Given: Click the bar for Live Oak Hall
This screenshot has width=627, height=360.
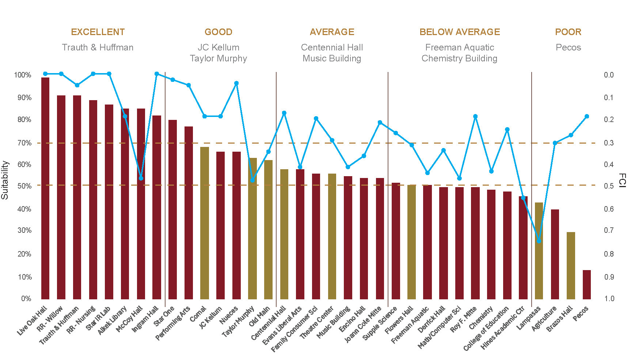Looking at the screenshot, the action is coord(45,188).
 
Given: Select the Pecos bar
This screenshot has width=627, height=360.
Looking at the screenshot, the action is coord(587,285).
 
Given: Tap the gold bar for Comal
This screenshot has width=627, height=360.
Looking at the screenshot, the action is coord(205,223).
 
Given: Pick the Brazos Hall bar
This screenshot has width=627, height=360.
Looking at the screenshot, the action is coord(571,266).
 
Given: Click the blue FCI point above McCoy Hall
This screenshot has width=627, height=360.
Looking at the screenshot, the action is coord(141,178).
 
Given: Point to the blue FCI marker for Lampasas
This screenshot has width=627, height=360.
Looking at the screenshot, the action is coord(539,241).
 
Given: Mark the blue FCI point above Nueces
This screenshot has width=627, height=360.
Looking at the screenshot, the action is coord(236,83).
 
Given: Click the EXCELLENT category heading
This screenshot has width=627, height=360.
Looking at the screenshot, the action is coord(98,32).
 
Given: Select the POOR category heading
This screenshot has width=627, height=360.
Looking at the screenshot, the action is coord(568,32).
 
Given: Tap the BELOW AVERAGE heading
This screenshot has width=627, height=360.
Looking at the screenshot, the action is coord(460,32).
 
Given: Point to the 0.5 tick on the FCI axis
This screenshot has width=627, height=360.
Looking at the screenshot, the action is coord(609,186).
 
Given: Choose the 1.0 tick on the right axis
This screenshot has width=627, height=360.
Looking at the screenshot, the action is coord(609,299).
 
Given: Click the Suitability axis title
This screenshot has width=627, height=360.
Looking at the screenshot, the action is coord(5,180).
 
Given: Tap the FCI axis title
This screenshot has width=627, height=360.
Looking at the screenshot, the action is coord(622,181).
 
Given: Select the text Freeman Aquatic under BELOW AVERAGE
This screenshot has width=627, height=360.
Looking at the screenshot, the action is coord(460,48).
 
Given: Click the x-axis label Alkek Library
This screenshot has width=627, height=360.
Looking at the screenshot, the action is coord(113,320).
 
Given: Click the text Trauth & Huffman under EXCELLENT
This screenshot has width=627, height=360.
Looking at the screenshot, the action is coord(98,48).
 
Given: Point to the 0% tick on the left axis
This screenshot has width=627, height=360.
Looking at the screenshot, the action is coord(26,299).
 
